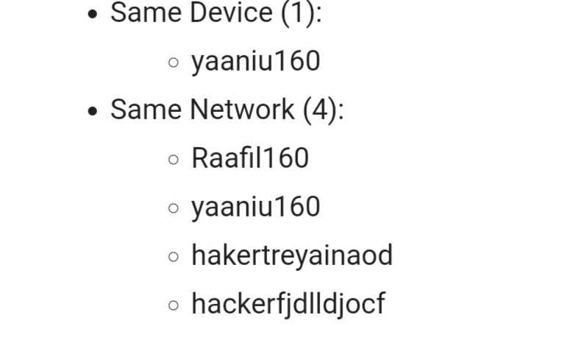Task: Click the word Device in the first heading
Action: click(232, 13)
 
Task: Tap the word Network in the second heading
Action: click(242, 109)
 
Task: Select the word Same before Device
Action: click(146, 13)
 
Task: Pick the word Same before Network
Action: click(146, 109)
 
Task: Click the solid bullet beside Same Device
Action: click(93, 14)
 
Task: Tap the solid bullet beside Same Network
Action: click(93, 111)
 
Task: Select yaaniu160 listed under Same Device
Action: click(256, 61)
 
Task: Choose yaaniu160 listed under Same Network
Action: click(256, 207)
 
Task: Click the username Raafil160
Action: click(250, 158)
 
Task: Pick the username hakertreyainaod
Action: click(292, 255)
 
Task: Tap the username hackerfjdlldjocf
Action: click(288, 304)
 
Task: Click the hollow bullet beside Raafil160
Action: click(174, 160)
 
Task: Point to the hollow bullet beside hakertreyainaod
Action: click(174, 257)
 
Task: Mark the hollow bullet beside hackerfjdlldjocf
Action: click(174, 306)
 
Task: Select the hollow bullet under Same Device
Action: click(174, 63)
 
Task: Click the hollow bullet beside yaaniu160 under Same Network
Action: click(174, 208)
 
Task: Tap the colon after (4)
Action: click(341, 111)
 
